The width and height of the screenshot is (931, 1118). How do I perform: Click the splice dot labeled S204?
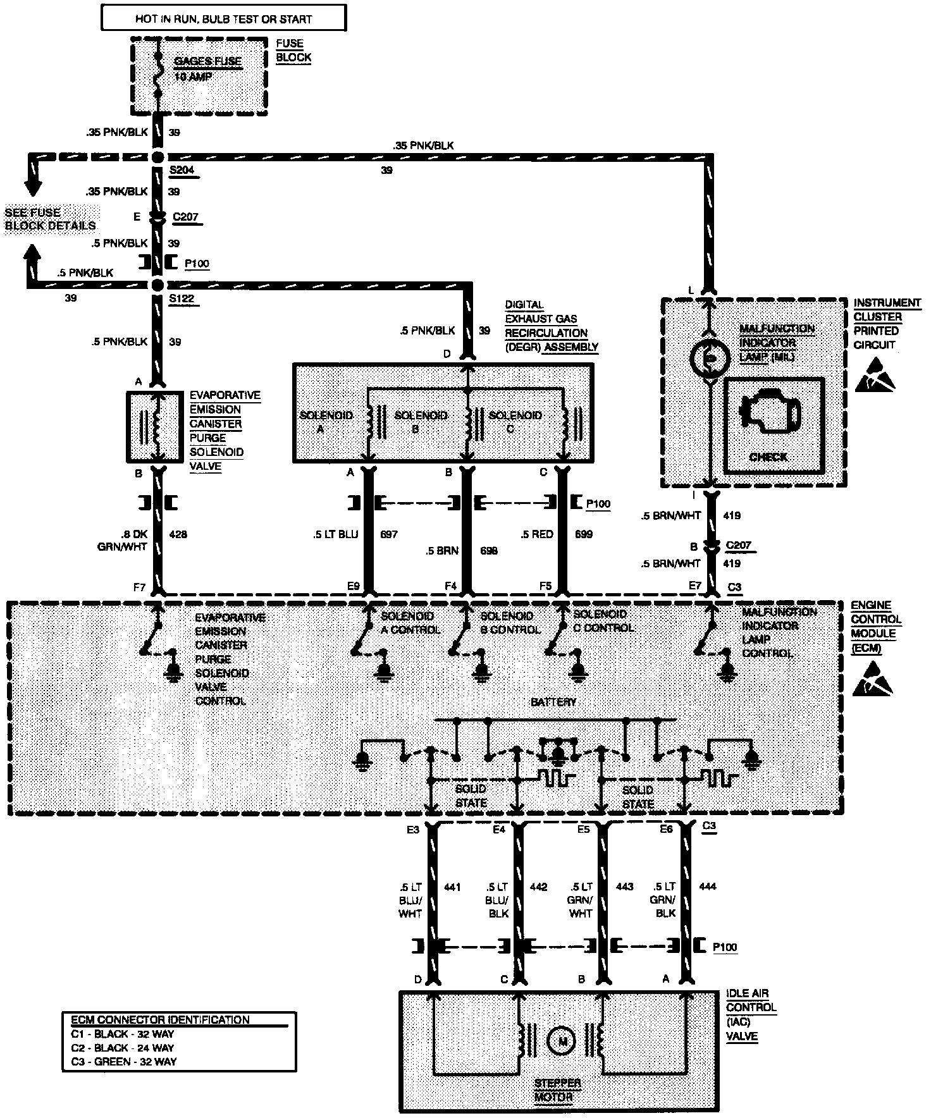(157, 156)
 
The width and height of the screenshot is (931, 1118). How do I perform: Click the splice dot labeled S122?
(157, 285)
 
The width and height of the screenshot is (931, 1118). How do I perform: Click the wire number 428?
(178, 534)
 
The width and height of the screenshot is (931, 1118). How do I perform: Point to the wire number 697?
(388, 534)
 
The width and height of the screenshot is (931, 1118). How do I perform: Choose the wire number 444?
(707, 887)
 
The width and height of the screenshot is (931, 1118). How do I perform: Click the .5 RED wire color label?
(538, 534)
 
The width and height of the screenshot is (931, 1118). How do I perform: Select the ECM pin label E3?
(412, 830)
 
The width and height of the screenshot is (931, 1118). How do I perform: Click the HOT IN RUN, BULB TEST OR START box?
(223, 18)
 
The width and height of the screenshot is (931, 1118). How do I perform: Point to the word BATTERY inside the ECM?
(553, 702)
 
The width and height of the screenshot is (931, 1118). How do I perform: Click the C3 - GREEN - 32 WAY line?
(124, 1062)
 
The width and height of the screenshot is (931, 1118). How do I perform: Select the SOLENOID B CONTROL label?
(511, 623)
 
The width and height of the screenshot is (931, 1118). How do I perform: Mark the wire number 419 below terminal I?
(731, 515)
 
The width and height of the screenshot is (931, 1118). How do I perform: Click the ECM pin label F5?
(545, 586)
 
